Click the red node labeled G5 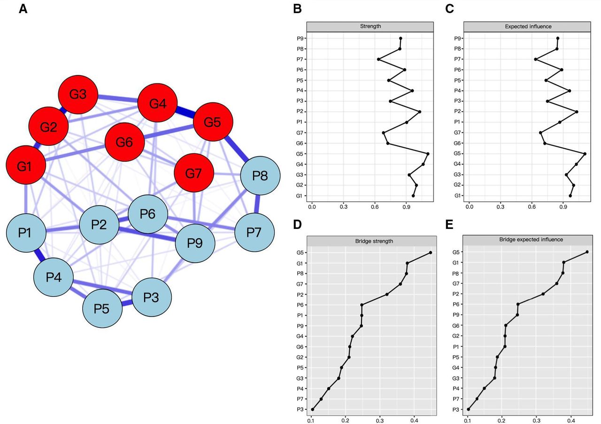tap(213, 122)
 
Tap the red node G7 tap(193, 173)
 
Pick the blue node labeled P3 tap(151, 297)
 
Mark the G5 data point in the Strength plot tap(428, 154)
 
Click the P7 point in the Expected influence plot tap(536, 59)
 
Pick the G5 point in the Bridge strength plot tap(430, 252)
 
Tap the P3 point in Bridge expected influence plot tap(468, 409)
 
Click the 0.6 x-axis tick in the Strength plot tap(375, 205)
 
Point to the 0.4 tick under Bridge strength tap(414, 421)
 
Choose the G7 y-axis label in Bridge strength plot tap(300, 284)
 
